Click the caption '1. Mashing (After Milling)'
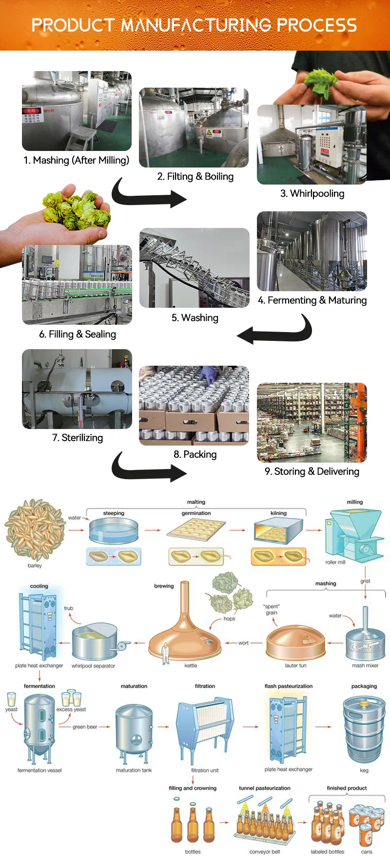click(77, 160)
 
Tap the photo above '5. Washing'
click(195, 268)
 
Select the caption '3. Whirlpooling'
click(312, 193)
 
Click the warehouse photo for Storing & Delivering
click(312, 422)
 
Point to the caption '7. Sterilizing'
click(78, 437)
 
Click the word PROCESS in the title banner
click(317, 25)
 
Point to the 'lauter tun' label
click(295, 665)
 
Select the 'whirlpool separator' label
click(93, 666)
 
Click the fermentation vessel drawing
click(39, 728)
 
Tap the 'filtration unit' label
click(205, 770)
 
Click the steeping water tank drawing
click(113, 530)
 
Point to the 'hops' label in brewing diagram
click(229, 618)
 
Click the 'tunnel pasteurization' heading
click(264, 787)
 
